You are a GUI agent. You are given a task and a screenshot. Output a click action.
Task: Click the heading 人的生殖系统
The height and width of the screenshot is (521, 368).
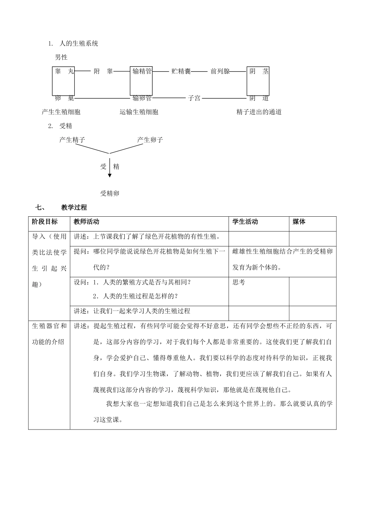tap(79, 44)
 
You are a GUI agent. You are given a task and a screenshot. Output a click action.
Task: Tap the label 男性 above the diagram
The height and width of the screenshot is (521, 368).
tap(61, 57)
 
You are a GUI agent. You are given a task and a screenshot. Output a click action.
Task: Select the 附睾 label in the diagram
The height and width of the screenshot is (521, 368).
tap(103, 71)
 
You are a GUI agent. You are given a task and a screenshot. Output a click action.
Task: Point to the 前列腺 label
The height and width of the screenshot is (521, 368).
tap(220, 71)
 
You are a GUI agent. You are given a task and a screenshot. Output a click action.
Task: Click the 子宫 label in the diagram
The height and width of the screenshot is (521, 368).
tap(194, 98)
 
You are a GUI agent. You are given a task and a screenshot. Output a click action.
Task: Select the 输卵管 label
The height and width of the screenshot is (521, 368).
tap(141, 98)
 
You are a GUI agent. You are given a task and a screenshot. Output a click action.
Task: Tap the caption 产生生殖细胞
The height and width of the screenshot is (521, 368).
tap(61, 112)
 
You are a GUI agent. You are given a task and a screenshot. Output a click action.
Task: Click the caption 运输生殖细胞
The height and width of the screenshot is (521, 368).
tap(139, 112)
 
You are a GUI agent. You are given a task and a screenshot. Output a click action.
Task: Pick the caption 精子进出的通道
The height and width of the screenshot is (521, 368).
tap(259, 112)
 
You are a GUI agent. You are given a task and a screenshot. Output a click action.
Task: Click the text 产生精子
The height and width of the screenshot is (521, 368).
tap(72, 140)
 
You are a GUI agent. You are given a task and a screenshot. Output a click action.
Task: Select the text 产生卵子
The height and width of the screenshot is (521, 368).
tap(150, 140)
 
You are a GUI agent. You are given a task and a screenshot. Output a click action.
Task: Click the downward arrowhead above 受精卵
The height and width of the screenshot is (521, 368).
tap(110, 175)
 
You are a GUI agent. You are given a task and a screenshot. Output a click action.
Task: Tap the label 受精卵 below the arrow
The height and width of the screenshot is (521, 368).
tap(110, 193)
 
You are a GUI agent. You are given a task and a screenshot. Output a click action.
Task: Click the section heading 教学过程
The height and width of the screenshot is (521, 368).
tap(74, 207)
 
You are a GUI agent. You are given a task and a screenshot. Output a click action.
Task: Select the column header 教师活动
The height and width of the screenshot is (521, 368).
tap(86, 222)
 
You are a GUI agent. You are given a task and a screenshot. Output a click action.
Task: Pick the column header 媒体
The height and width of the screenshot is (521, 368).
tap(299, 222)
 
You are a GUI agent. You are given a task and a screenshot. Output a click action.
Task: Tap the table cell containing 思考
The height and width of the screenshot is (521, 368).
tap(239, 283)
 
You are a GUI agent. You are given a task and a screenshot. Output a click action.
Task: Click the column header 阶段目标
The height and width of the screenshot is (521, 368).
tap(45, 222)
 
